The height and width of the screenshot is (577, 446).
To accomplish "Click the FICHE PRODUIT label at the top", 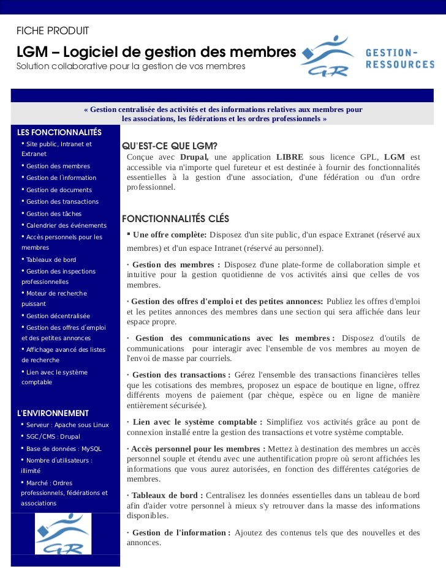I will click(53, 31).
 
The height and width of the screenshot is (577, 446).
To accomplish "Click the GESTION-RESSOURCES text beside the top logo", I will click(399, 58).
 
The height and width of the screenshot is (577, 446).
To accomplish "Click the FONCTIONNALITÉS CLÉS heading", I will click(176, 218).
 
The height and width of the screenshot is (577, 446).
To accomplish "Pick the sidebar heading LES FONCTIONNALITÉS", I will click(59, 133).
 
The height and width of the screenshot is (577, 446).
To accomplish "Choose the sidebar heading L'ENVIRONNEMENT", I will click(53, 413).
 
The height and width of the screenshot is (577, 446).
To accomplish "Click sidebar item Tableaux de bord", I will click(51, 259).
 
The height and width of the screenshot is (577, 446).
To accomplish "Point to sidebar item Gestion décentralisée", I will click(58, 316).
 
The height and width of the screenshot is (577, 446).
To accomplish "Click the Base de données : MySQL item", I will click(64, 449).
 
